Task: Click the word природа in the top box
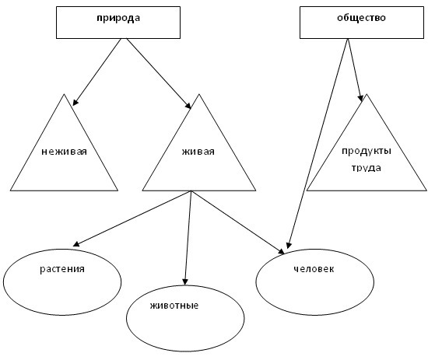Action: click(118, 19)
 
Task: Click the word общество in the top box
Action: click(361, 18)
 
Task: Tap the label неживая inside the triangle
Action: click(64, 152)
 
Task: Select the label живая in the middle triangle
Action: click(198, 152)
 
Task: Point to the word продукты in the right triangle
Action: click(367, 152)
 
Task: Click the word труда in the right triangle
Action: click(366, 168)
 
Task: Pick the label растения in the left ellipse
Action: click(62, 269)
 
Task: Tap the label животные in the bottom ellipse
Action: click(174, 306)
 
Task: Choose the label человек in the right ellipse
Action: click(314, 269)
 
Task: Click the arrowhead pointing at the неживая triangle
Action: click(75, 103)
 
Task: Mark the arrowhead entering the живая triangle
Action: click(188, 106)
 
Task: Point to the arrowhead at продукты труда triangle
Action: click(360, 98)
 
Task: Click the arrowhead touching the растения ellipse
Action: click(76, 244)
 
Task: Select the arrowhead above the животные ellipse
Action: click(185, 282)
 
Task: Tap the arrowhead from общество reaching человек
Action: click(289, 245)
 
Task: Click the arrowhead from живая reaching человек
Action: click(281, 251)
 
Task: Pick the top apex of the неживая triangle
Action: click(64, 94)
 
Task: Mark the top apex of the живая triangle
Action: click(199, 94)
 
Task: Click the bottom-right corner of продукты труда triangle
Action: click(426, 190)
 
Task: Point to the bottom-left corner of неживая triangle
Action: click(10, 190)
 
